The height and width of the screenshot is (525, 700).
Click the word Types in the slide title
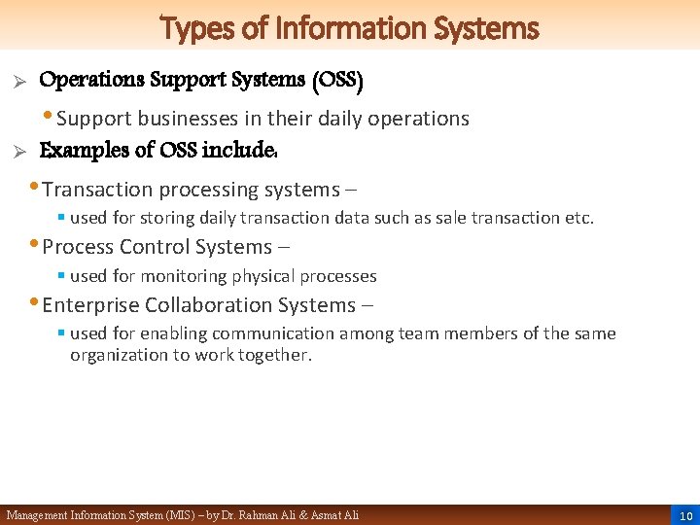(x=190, y=28)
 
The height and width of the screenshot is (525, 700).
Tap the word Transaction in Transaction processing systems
(x=98, y=190)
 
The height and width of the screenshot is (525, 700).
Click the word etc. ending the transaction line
(x=578, y=218)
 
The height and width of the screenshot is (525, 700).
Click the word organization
(x=119, y=355)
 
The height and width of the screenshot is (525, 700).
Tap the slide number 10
(x=685, y=515)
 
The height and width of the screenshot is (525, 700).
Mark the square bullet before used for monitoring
(x=60, y=276)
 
